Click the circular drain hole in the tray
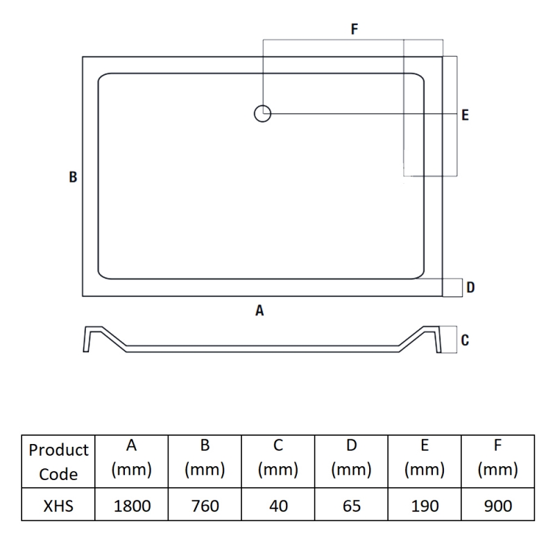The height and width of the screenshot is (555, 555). (x=262, y=113)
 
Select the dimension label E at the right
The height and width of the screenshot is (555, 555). (x=465, y=114)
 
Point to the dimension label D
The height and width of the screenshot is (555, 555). (x=470, y=287)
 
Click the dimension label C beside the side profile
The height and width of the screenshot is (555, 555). (x=465, y=340)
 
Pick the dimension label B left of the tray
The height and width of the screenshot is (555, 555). (x=73, y=177)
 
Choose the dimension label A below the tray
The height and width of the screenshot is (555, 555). (x=259, y=311)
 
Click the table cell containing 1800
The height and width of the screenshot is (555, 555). (x=132, y=506)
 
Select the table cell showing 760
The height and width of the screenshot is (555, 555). (x=205, y=506)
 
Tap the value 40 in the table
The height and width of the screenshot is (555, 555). (x=278, y=506)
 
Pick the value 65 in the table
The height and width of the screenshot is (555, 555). (x=352, y=506)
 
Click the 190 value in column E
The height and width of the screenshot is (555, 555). (x=425, y=506)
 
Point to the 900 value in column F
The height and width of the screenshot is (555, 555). (x=498, y=506)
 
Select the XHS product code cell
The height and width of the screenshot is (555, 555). (x=58, y=506)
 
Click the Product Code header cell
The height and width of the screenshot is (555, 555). (x=58, y=462)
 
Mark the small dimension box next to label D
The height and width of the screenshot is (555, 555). (x=453, y=287)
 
